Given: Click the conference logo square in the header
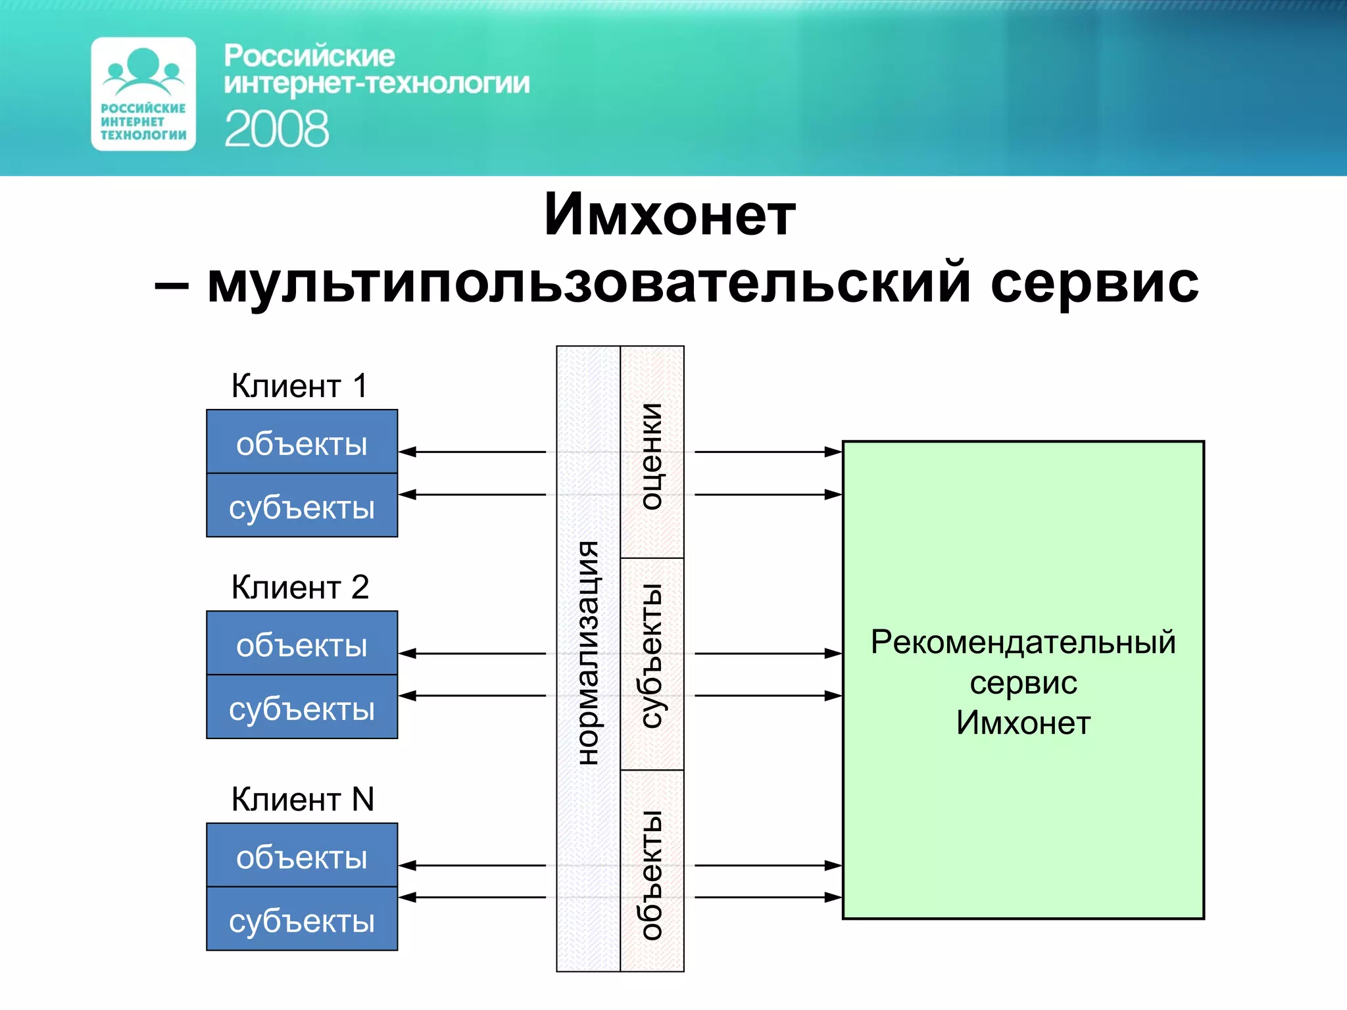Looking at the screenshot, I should click(143, 94).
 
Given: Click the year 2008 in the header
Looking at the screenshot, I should click(276, 129).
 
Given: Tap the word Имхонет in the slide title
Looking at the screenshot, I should click(670, 214).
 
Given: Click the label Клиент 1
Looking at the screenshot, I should click(299, 385).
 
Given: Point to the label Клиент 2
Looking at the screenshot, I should click(300, 587).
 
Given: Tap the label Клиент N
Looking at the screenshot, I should click(303, 799).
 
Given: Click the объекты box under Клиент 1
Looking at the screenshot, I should click(302, 443).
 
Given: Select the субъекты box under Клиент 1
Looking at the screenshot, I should click(302, 506).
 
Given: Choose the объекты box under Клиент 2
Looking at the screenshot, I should click(302, 644).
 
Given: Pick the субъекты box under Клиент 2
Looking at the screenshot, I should click(302, 708).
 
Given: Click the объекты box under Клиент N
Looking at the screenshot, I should click(302, 856).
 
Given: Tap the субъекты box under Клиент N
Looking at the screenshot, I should click(302, 919).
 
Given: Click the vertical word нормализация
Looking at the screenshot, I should click(588, 652).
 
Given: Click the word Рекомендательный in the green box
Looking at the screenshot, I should click(1023, 642).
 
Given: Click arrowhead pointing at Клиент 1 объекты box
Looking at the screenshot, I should click(408, 452).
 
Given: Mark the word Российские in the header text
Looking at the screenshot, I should click(309, 56).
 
